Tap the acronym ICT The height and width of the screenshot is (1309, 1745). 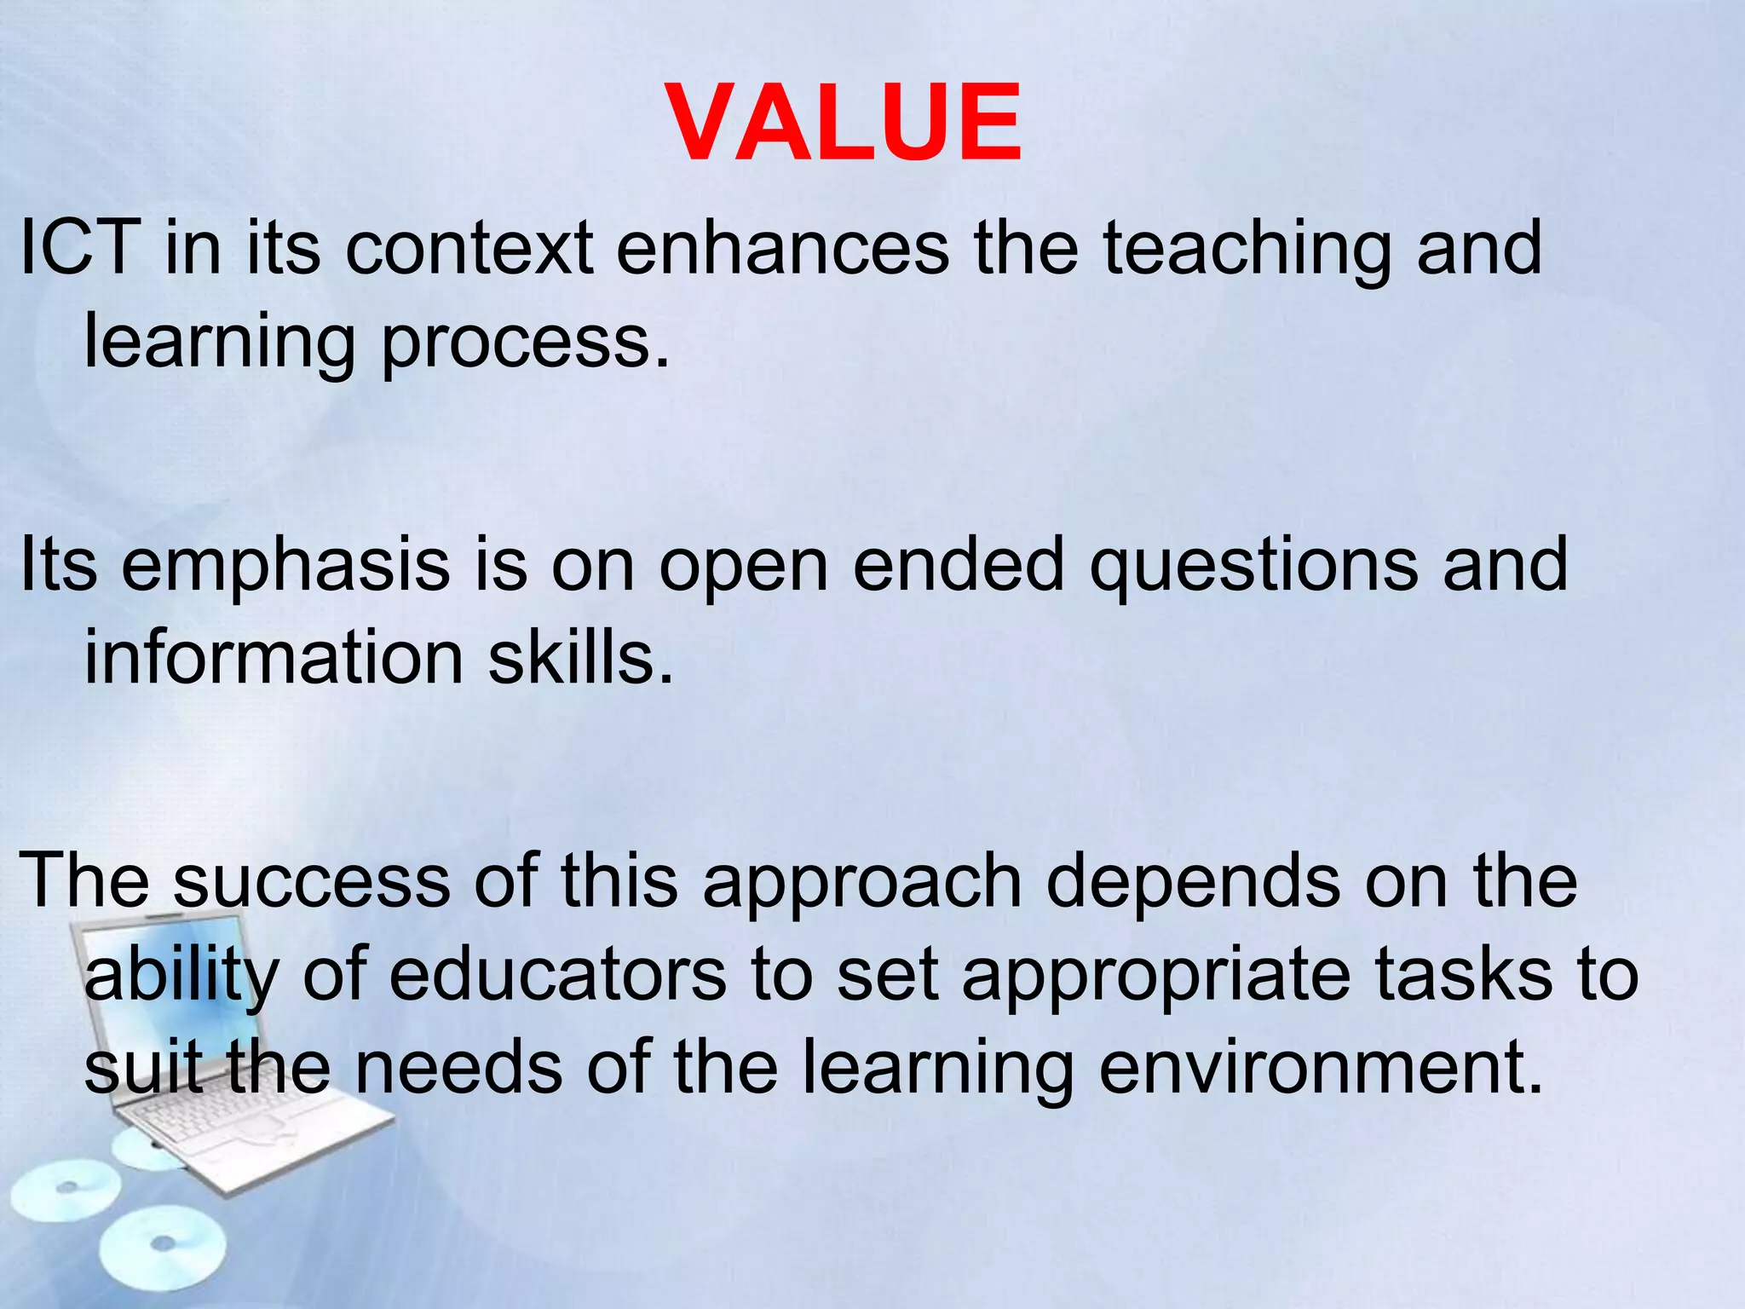[80, 248]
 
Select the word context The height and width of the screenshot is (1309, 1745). [469, 248]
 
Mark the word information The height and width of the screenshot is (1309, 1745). [274, 658]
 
